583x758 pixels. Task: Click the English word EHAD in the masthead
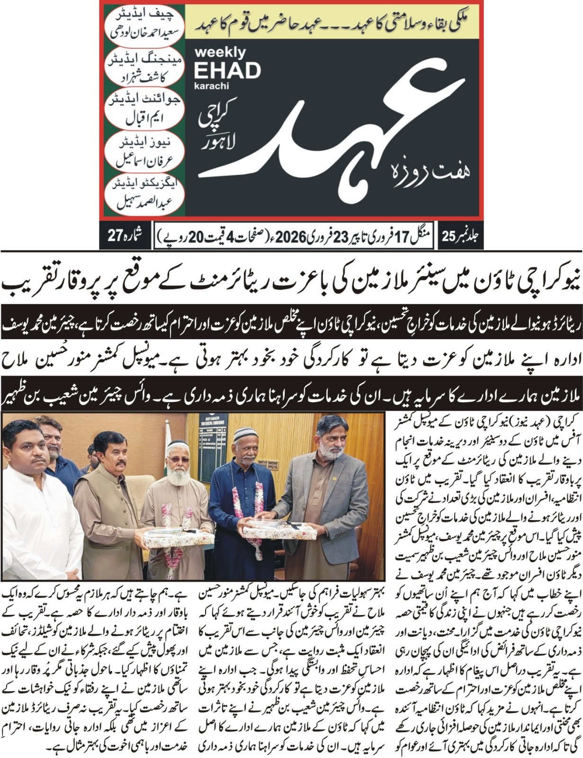pos(227,71)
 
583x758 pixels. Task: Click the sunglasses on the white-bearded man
pos(178,459)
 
